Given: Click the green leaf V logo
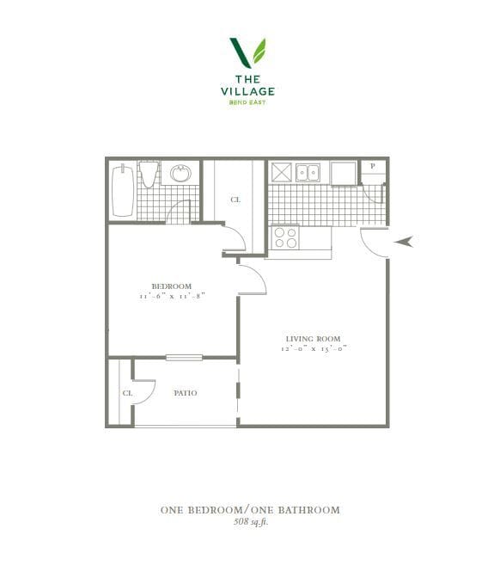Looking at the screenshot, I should click(x=248, y=52).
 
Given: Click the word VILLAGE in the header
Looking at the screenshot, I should click(x=249, y=90).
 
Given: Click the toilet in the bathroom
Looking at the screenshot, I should click(x=149, y=175).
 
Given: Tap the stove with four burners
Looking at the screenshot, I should click(x=285, y=237).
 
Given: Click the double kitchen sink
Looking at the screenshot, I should click(x=308, y=173).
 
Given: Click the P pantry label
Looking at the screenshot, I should click(x=372, y=167).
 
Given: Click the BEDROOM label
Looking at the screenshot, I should click(x=171, y=286).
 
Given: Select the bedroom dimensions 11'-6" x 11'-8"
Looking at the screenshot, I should click(x=171, y=297).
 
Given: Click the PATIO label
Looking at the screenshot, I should click(x=186, y=393).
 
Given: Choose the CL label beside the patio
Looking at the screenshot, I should click(x=127, y=393).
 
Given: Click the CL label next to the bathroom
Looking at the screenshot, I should click(x=235, y=200).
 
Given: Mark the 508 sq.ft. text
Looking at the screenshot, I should click(x=249, y=522).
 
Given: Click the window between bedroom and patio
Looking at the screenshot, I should click(x=184, y=357).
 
